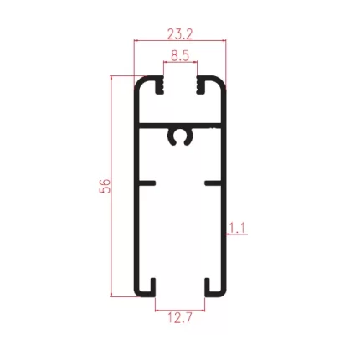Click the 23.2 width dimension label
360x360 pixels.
tap(180, 34)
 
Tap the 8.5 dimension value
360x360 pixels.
tap(180, 56)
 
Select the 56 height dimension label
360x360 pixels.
tap(105, 186)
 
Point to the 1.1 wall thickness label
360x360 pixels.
tap(237, 228)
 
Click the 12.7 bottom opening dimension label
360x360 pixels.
tap(180, 317)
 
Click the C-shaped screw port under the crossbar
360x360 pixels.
tap(181, 136)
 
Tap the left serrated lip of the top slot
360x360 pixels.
tap(160, 85)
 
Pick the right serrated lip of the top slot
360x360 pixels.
tap(201, 85)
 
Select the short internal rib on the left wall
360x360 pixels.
tap(147, 183)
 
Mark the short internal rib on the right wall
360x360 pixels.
tap(213, 183)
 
